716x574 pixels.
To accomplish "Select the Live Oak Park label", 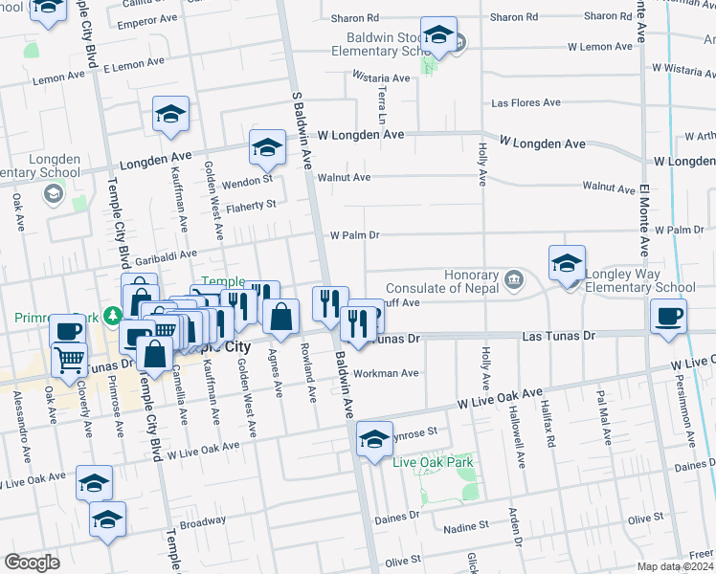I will (434, 463).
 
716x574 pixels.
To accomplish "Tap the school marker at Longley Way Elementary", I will (567, 263).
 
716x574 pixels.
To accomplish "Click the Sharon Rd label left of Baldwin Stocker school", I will (354, 17).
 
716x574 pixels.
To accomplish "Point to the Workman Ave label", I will (386, 373).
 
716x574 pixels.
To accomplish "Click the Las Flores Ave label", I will (525, 102).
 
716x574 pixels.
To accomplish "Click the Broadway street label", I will (202, 524).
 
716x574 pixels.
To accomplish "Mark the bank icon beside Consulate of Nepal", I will (514, 280).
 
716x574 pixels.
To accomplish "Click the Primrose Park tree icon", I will (113, 315).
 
